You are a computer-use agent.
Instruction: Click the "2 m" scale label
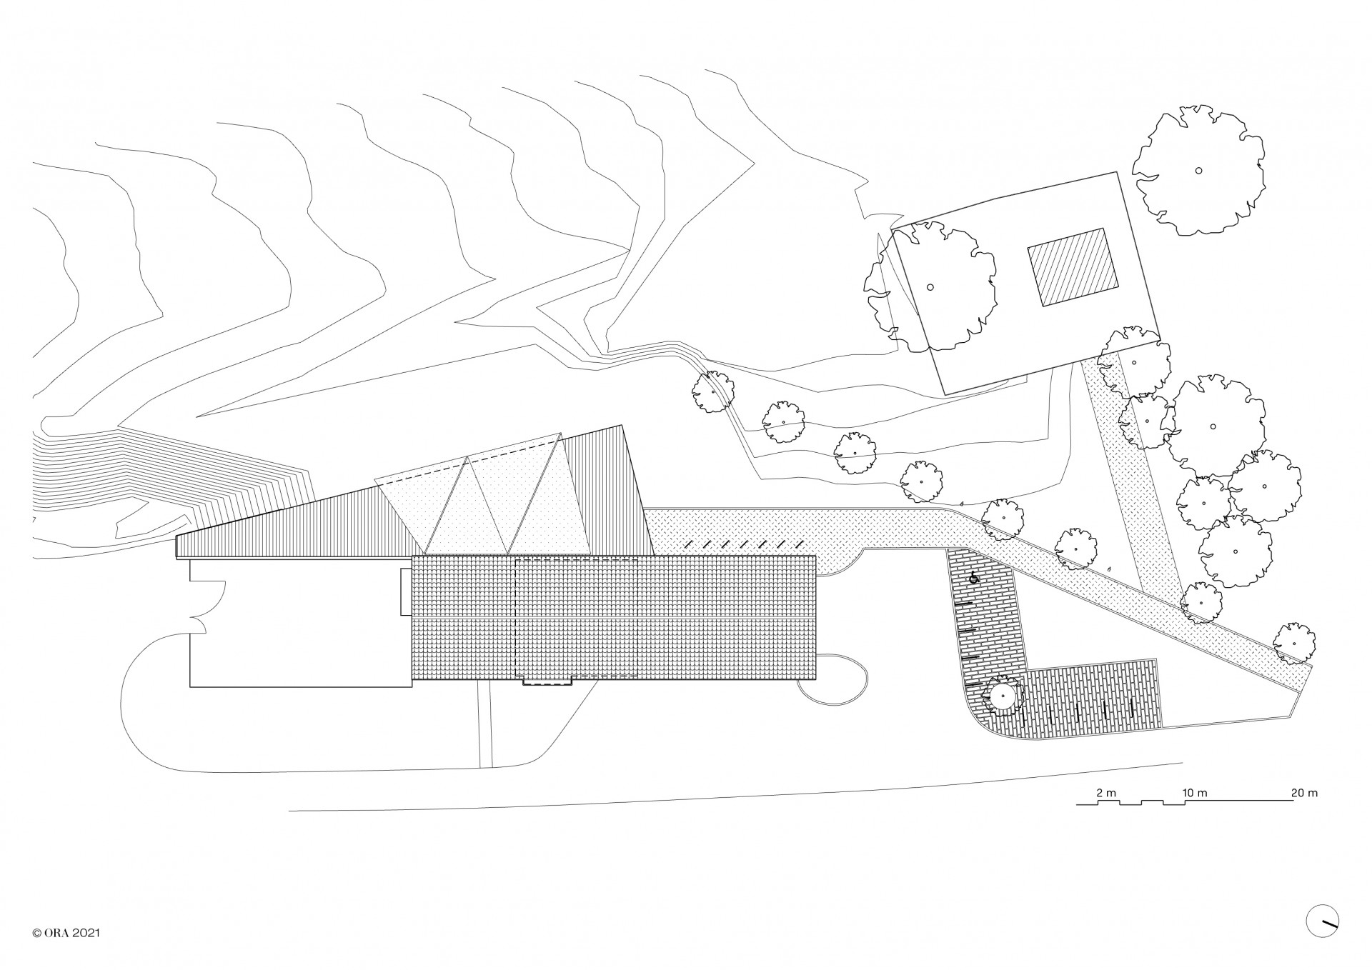tap(1105, 793)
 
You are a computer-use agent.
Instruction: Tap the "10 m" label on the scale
tap(1195, 793)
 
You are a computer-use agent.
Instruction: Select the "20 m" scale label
tap(1304, 793)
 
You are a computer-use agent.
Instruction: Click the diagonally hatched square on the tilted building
tap(1072, 269)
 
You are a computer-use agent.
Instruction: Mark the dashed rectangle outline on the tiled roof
tap(577, 619)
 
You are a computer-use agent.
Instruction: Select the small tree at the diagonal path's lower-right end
tap(1294, 641)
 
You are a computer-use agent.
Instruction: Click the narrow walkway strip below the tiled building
tap(484, 725)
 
